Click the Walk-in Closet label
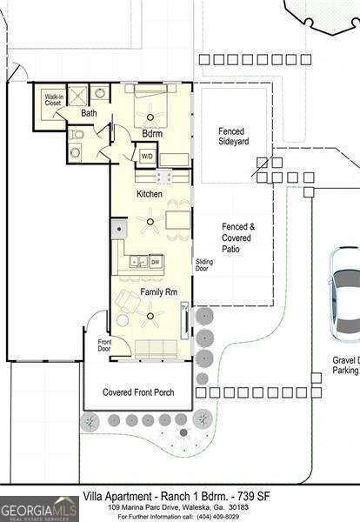coord(53,101)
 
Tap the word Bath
coord(90,114)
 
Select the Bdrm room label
coord(153,133)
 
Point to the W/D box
coord(147,156)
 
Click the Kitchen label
coord(149,193)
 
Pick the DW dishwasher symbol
coord(155,261)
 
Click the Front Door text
coord(105,345)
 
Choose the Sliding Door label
coord(204,264)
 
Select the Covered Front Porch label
coord(138,392)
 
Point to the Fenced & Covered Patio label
coord(237,238)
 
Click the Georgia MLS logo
coord(39,508)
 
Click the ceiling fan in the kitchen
coord(152,223)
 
